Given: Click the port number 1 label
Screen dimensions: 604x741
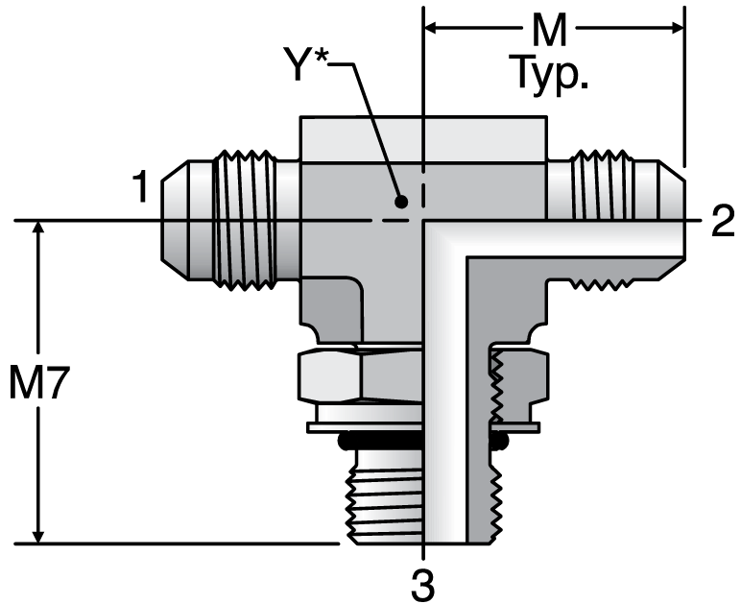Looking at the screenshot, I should [140, 187].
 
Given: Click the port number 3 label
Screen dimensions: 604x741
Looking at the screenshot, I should [423, 582].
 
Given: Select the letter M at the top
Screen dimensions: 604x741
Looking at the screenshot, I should [550, 32].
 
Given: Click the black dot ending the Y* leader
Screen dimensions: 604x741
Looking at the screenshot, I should [401, 202].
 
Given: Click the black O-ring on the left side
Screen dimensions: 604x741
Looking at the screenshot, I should [348, 441].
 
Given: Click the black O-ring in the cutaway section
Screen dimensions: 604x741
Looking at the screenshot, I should [498, 441].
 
